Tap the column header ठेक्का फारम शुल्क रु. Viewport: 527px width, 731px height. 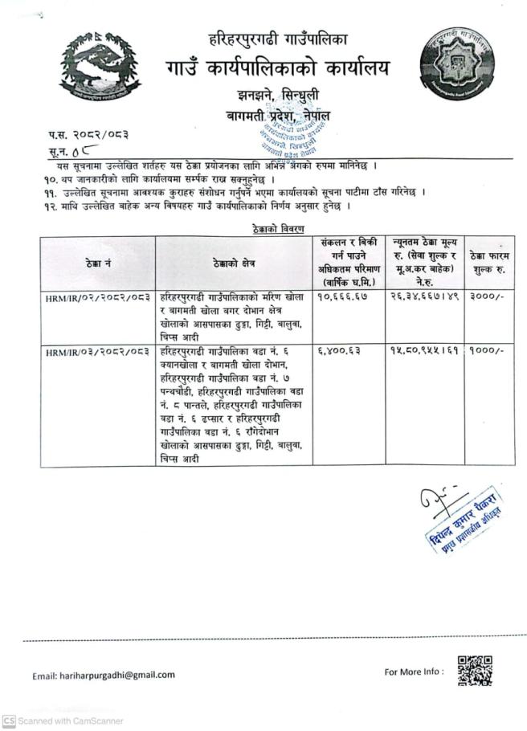point(490,263)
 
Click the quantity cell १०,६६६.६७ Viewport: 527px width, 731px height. point(347,297)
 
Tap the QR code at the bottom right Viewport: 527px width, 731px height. point(474,671)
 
